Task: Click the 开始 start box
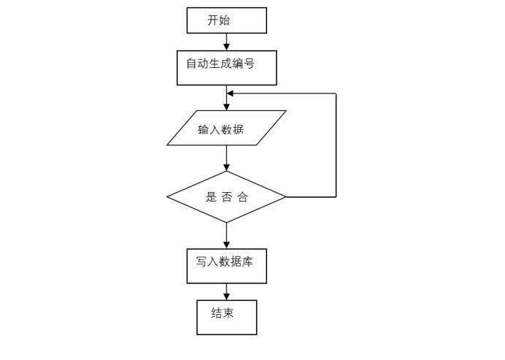pos(226,20)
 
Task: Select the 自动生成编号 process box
pos(226,68)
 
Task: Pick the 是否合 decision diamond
pos(226,197)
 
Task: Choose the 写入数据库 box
pos(226,267)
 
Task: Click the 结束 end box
pos(226,316)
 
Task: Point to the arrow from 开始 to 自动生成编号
pos(226,42)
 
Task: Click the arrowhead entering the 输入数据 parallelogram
pos(226,107)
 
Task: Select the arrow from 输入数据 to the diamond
pos(226,158)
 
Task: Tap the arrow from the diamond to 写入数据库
pos(226,236)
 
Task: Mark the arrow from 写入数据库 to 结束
pos(226,292)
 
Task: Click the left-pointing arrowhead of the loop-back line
pos(231,93)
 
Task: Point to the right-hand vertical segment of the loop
pos(336,146)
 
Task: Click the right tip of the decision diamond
pos(285,197)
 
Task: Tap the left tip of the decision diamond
pos(168,197)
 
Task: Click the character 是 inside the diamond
pos(212,197)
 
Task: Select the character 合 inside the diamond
pos(243,197)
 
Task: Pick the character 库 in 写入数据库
pos(248,261)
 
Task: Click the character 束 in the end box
pos(228,313)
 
